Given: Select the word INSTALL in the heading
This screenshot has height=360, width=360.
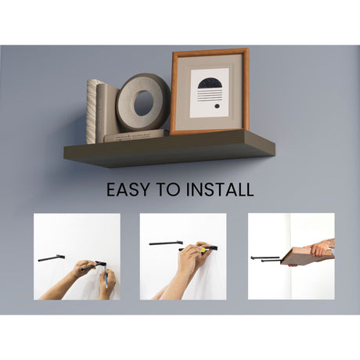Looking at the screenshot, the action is click(220, 189).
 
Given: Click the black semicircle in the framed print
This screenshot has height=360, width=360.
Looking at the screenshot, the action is click(210, 83).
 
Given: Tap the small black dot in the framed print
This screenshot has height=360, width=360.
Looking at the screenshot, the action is click(217, 106).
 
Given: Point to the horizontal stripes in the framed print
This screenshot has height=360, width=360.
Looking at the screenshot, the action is click(210, 95).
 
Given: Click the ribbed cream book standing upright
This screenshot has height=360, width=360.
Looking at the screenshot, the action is click(92, 112).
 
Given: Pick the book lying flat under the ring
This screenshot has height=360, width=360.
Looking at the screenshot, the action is click(135, 136).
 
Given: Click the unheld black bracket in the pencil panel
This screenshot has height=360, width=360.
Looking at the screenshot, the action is click(51, 258).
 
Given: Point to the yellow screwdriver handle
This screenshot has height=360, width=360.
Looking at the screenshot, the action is click(203, 250).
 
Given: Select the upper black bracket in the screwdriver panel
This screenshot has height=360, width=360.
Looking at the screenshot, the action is click(166, 243).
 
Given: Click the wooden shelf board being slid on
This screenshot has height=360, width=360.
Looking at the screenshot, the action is click(307, 256).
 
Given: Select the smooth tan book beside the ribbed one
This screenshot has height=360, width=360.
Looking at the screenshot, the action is click(107, 113).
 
